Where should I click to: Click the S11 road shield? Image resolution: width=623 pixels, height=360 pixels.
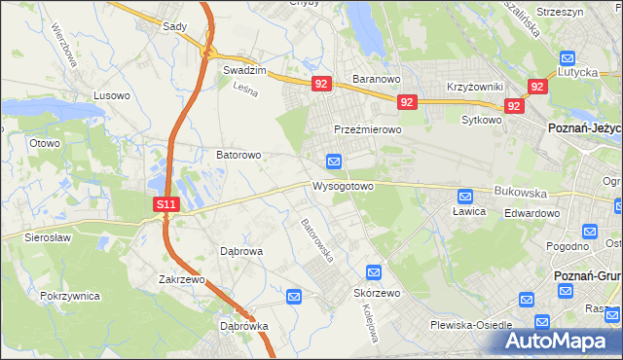point(166,204)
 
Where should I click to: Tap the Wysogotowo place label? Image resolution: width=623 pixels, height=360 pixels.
point(343,185)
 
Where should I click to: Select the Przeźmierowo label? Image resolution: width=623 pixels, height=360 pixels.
point(367,129)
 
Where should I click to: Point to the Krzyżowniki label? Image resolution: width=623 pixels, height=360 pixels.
point(473,87)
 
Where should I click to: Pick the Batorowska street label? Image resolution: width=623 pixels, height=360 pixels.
point(317,240)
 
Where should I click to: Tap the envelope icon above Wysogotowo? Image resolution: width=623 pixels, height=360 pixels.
point(334,161)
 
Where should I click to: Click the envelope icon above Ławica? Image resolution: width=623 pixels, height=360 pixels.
point(465,196)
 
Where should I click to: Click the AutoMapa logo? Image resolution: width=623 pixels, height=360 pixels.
point(558,341)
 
